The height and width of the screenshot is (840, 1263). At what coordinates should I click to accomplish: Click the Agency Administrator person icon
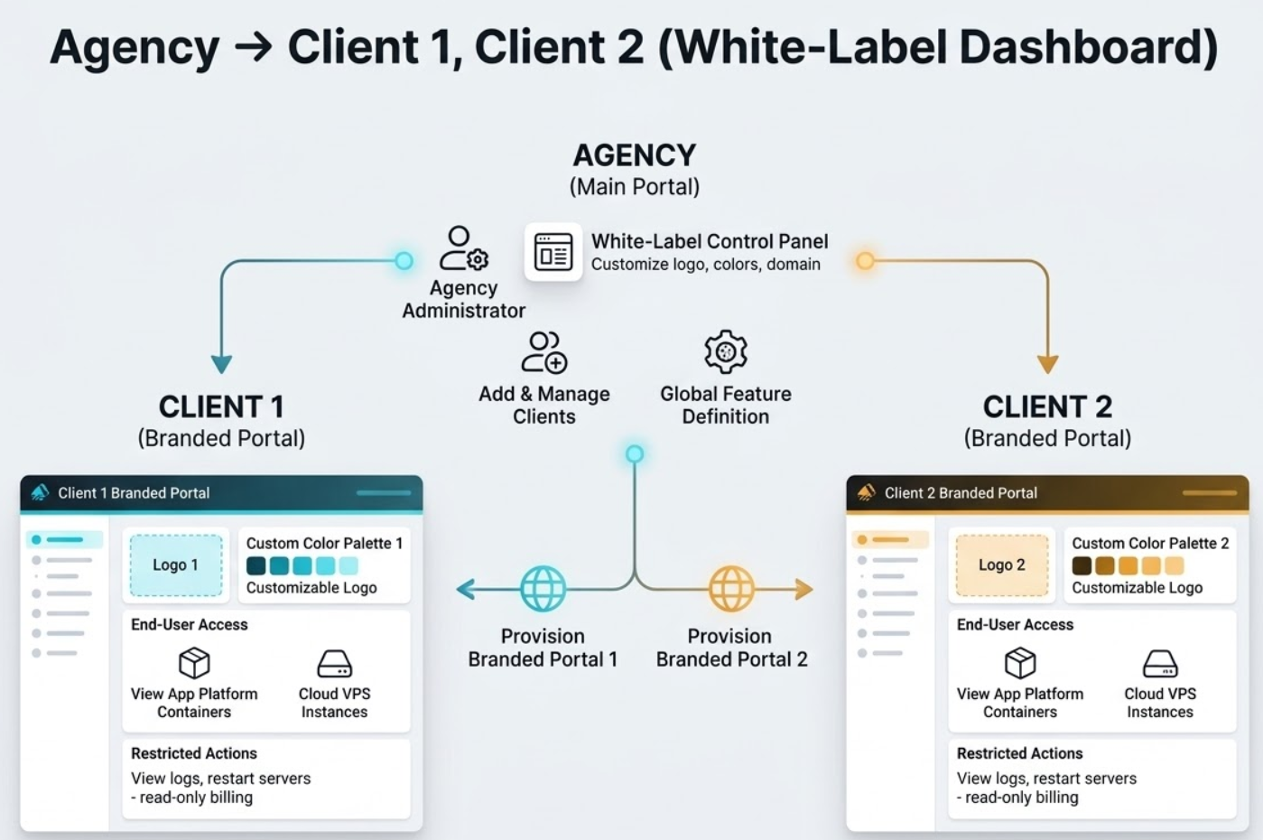[463, 249]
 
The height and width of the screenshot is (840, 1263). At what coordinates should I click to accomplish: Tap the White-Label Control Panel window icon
[553, 252]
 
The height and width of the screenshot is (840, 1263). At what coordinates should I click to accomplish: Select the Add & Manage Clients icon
[543, 352]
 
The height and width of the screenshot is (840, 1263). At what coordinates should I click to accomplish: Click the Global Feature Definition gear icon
[726, 351]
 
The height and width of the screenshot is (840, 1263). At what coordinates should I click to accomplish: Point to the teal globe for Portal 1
[543, 589]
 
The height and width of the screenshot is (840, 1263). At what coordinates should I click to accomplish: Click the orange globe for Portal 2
[730, 589]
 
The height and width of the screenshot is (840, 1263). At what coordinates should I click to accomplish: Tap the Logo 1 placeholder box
[175, 565]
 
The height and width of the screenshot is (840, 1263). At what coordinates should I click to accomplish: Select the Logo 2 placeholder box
[1001, 565]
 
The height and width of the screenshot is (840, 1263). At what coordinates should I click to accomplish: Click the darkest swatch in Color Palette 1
[256, 566]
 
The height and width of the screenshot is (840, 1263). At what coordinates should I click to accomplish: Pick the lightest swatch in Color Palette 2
[1174, 566]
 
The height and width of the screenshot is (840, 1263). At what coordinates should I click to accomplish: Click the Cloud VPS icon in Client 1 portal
[334, 664]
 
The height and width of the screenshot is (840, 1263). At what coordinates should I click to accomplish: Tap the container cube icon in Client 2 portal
[1019, 663]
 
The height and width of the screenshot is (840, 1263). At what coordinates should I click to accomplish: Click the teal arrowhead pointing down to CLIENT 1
[221, 364]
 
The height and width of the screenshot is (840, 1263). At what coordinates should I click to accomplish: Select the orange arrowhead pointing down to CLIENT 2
[1047, 364]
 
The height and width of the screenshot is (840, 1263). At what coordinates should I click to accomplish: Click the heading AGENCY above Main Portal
[634, 155]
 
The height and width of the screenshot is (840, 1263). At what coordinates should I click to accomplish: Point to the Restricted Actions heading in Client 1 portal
[193, 753]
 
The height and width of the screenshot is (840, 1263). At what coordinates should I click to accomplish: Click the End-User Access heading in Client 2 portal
[1015, 625]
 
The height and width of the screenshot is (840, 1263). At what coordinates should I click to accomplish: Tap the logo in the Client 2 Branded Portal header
[866, 492]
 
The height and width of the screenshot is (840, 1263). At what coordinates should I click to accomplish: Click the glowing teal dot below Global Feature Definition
[635, 453]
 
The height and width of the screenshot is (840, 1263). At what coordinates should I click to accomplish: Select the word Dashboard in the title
[1087, 47]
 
